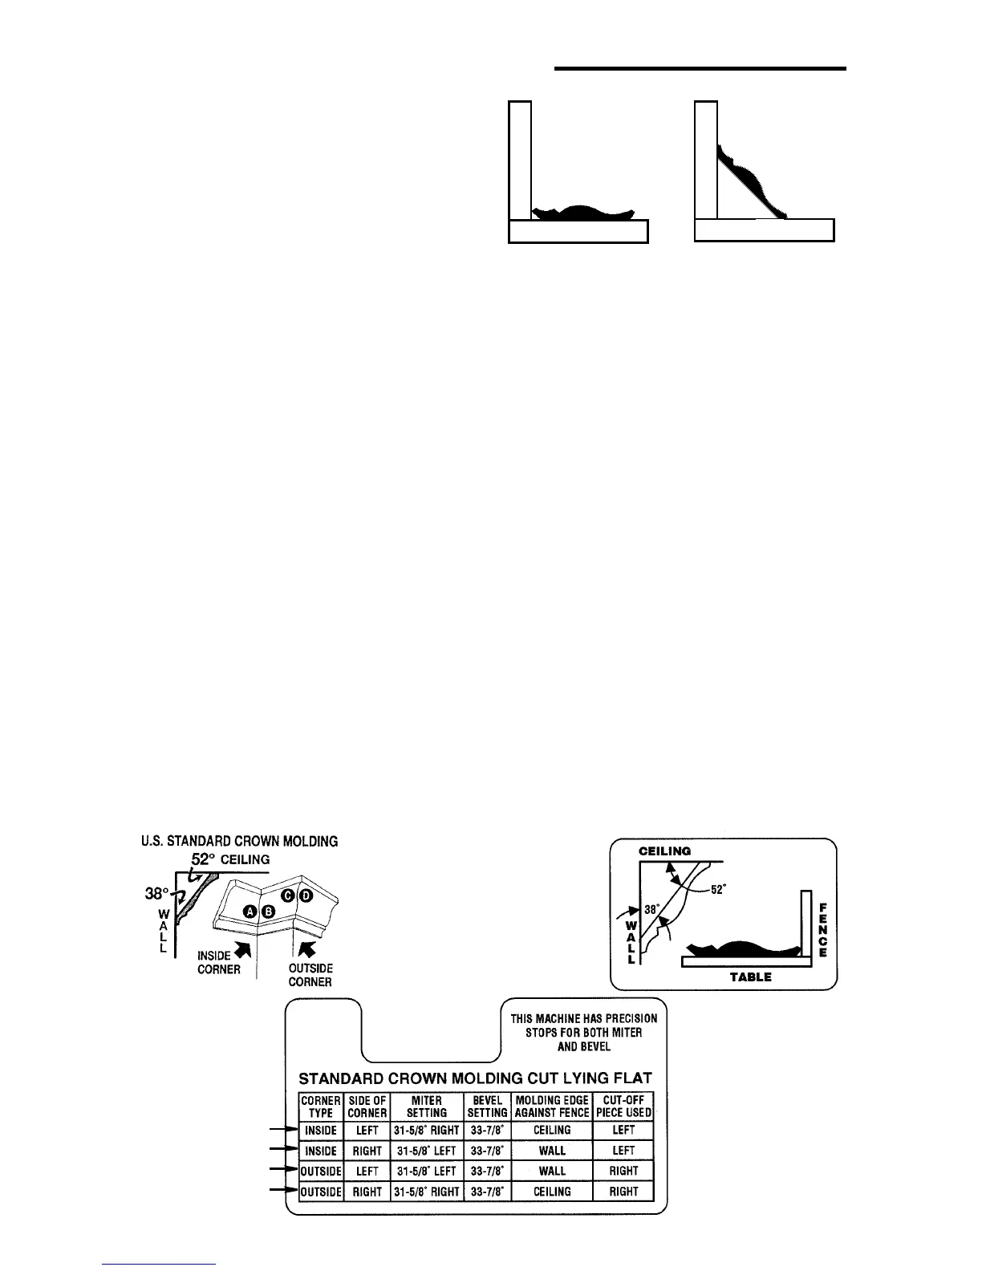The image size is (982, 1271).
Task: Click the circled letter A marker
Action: click(250, 911)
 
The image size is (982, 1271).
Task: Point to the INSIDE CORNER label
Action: click(219, 962)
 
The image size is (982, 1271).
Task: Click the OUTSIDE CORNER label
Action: click(310, 975)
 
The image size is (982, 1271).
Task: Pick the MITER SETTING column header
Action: click(426, 1107)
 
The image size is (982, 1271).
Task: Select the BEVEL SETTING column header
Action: click(487, 1107)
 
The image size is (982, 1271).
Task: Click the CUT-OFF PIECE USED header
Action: click(623, 1107)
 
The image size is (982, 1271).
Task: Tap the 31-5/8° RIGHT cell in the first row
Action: click(426, 1130)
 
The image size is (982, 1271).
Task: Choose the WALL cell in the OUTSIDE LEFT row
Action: click(552, 1171)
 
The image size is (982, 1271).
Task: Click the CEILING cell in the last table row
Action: click(552, 1192)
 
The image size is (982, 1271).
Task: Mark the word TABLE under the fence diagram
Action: click(751, 977)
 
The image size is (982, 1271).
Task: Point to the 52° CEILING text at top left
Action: click(230, 859)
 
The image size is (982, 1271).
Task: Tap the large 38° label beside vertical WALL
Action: click(156, 891)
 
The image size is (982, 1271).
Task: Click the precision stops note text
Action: click(584, 1032)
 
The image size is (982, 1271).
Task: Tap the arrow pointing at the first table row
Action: click(282, 1130)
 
